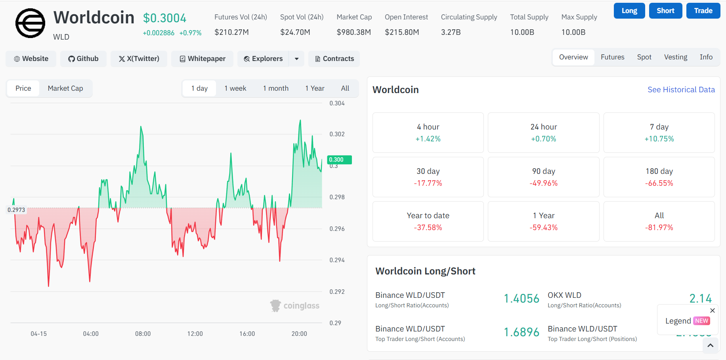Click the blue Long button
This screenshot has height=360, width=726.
click(x=629, y=11)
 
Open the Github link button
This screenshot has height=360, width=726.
click(x=83, y=59)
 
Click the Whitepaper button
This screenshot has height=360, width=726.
click(x=203, y=59)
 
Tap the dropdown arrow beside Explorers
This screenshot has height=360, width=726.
click(x=296, y=59)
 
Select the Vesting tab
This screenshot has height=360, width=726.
click(x=675, y=57)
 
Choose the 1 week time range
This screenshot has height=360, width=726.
click(x=235, y=88)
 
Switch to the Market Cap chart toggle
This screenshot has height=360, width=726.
click(x=65, y=88)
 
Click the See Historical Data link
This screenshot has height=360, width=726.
click(x=681, y=90)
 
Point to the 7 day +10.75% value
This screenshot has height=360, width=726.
click(x=659, y=139)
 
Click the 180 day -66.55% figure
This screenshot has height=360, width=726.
click(x=659, y=183)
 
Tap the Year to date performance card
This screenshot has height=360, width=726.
click(x=428, y=221)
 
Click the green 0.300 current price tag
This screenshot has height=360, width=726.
click(x=339, y=160)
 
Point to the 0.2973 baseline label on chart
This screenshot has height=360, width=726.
click(x=16, y=210)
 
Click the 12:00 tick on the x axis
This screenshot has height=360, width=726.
click(x=195, y=334)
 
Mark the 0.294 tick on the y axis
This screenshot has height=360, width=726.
click(x=337, y=260)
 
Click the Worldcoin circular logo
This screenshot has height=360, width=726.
click(x=30, y=23)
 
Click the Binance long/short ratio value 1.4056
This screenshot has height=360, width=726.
click(x=521, y=299)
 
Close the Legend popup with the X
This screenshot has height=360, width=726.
click(x=712, y=310)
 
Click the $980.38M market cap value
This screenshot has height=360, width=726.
click(x=353, y=32)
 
